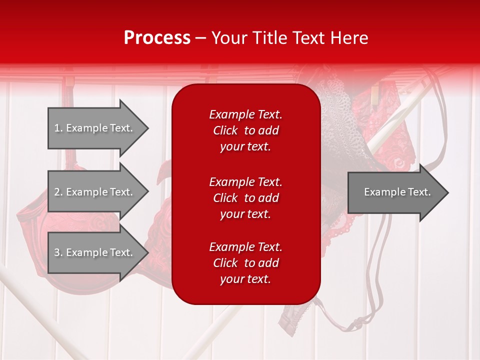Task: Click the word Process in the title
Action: coord(157,38)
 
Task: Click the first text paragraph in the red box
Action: coord(245,130)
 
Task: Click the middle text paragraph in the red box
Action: coord(245,198)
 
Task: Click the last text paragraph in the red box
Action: coord(245,263)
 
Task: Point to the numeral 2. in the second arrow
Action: coord(58,192)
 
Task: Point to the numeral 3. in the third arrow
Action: coord(58,252)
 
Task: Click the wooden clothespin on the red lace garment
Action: coord(374,94)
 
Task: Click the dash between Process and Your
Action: coord(201,38)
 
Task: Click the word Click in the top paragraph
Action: coord(225,130)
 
